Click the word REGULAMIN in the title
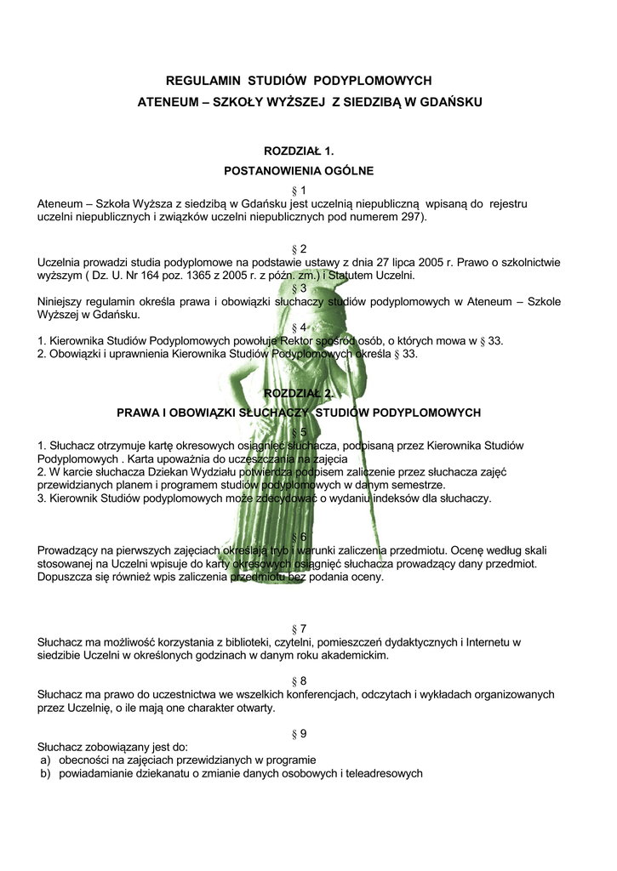click(202, 81)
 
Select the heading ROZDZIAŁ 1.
click(298, 151)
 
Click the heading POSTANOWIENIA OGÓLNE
click(298, 171)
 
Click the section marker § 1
click(298, 190)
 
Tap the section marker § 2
click(298, 249)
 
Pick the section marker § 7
click(298, 629)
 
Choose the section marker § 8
click(298, 681)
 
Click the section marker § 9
click(298, 734)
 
